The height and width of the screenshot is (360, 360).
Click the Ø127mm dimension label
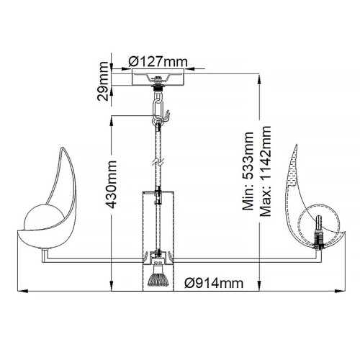157,60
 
